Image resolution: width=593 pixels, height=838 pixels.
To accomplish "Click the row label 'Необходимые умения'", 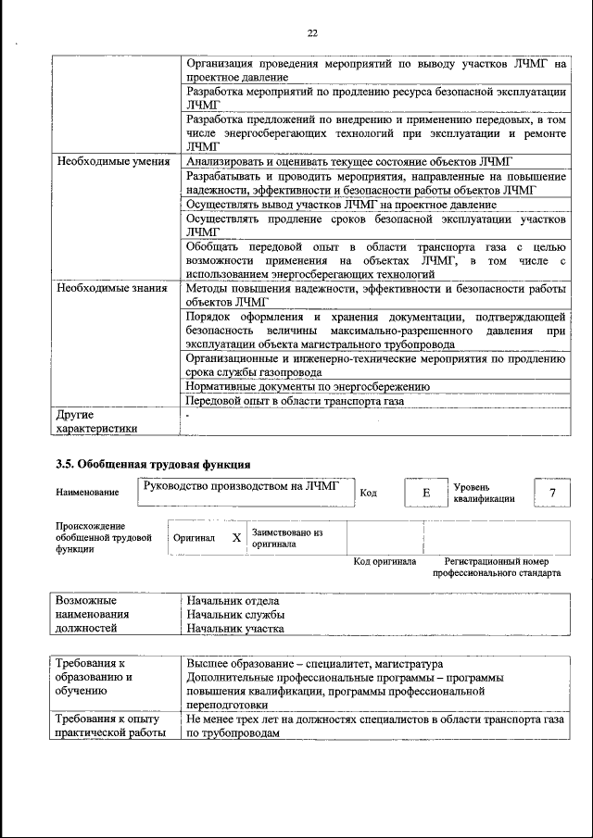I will (112, 161).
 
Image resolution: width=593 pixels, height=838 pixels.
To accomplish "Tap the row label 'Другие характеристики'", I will (96, 421).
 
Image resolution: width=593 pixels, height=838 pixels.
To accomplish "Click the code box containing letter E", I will (426, 493).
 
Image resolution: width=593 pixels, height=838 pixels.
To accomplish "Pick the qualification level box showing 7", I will (553, 493).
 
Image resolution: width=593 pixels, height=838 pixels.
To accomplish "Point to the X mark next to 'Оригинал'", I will (236, 537).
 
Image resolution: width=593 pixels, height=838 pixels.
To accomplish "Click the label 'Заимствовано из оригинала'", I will (286, 538).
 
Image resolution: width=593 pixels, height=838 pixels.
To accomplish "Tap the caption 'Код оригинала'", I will (385, 561).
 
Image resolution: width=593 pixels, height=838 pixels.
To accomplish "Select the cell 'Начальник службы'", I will (234, 614).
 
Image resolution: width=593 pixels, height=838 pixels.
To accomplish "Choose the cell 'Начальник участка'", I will (234, 629).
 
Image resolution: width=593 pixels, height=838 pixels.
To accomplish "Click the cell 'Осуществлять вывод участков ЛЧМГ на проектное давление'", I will (341, 204).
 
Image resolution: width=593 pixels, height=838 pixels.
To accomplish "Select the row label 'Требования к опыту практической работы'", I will (109, 726).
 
